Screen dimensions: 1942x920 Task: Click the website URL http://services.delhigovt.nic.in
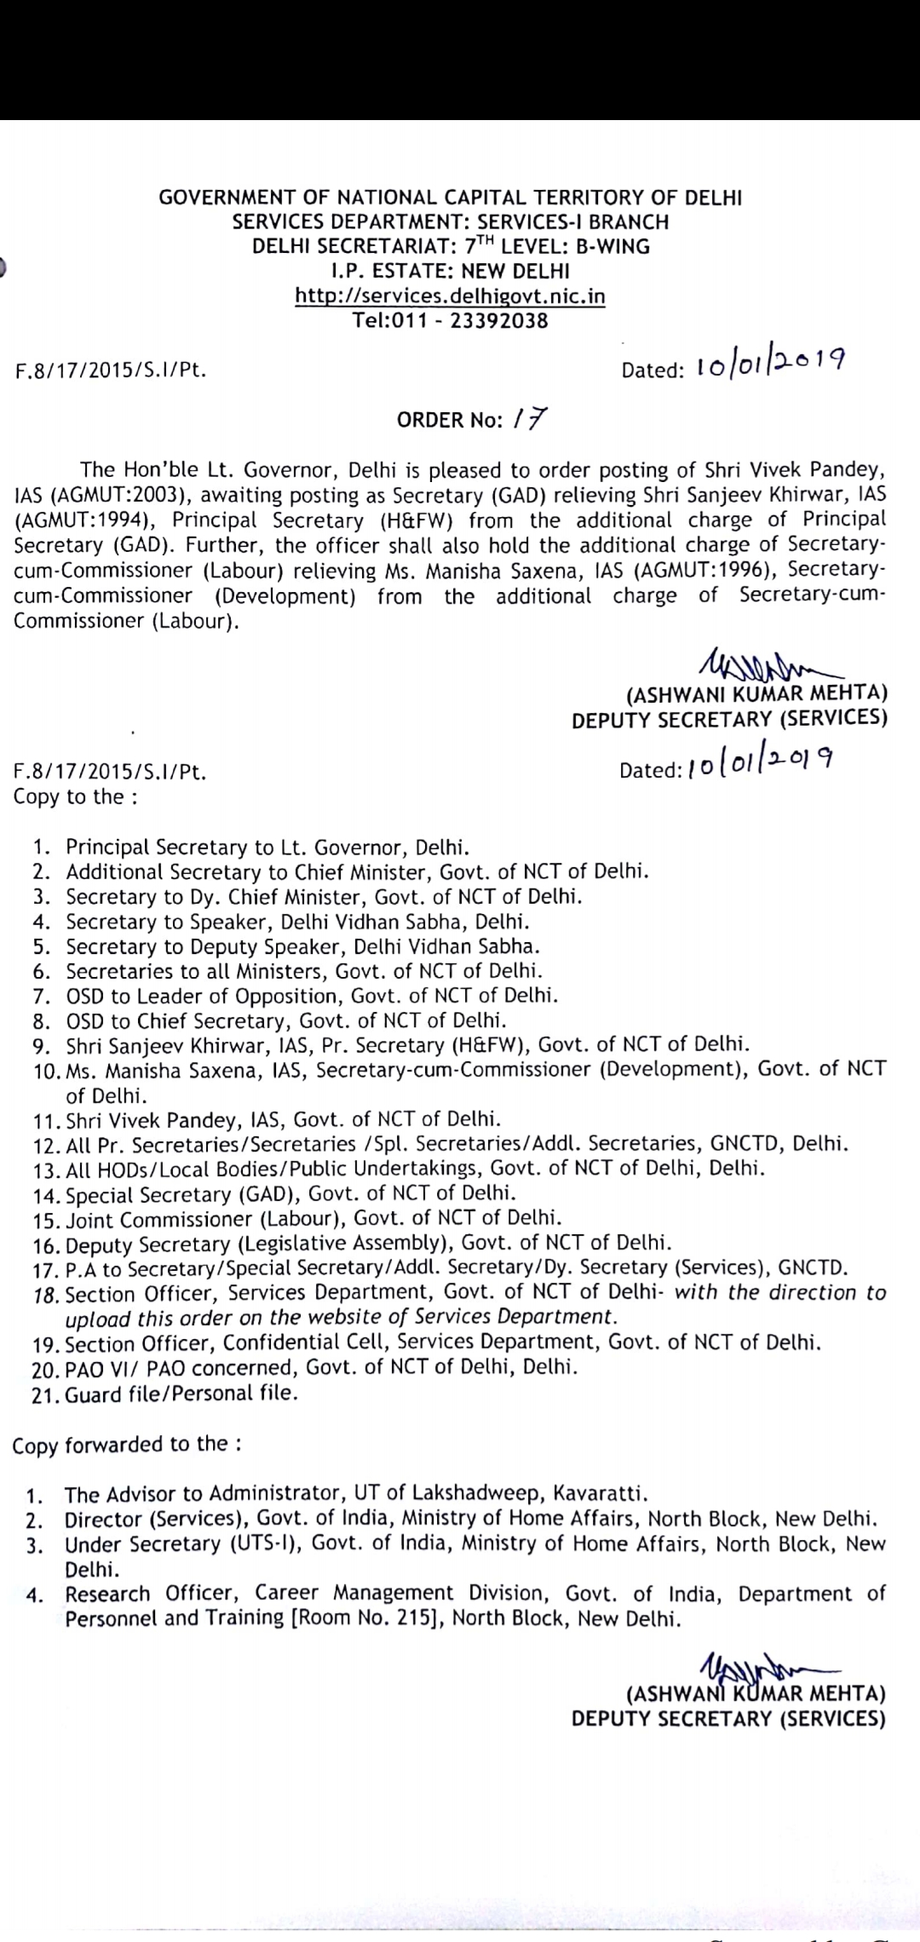(x=450, y=296)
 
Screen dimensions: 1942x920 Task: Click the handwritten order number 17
(x=530, y=419)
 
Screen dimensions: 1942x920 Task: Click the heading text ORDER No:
(x=451, y=421)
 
